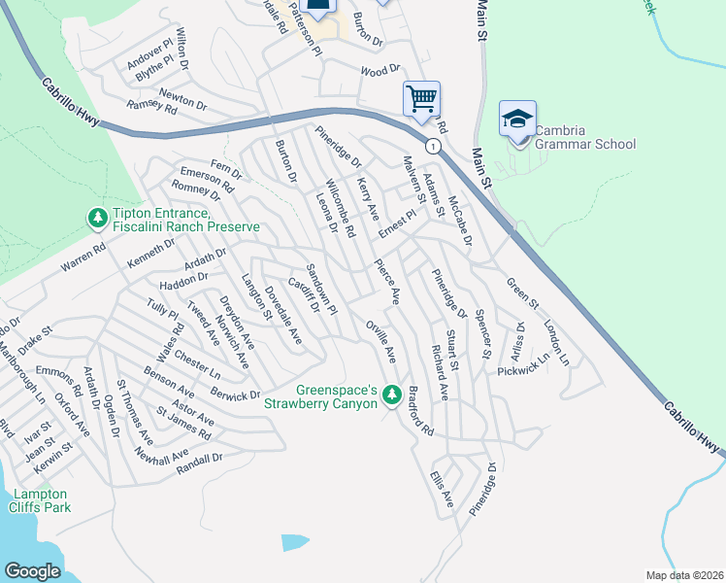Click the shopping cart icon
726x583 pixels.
pos(421,98)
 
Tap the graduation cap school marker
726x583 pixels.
pos(517,120)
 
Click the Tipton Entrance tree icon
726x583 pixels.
pos(97,220)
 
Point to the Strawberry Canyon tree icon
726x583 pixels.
pos(392,395)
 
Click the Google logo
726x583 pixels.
pos(32,570)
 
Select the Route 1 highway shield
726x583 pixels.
pos(434,147)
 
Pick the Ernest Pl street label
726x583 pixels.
pos(397,225)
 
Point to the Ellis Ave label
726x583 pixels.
pos(442,488)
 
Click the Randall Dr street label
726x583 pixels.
pos(200,463)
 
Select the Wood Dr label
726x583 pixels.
pos(380,71)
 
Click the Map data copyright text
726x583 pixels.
pos(685,575)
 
